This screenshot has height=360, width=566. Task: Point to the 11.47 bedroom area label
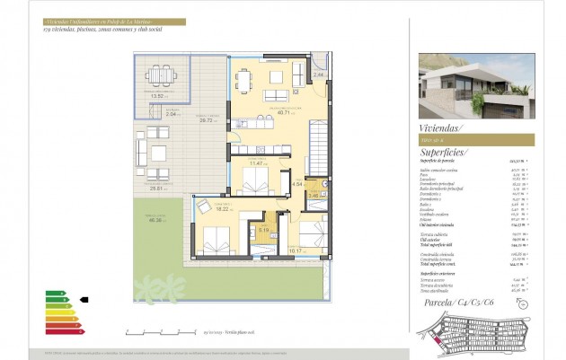point(258,163)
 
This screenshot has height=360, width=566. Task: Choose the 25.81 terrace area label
point(159,189)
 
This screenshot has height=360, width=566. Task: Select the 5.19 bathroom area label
point(263,231)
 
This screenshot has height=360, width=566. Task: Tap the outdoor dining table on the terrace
point(161,74)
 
